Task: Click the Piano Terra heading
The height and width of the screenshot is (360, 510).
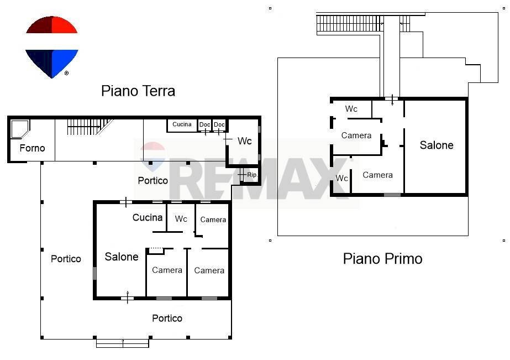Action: click(x=138, y=91)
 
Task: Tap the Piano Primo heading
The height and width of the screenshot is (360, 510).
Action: click(x=382, y=258)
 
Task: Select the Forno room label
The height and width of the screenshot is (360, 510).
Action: click(x=32, y=148)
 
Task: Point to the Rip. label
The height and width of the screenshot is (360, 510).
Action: click(x=253, y=175)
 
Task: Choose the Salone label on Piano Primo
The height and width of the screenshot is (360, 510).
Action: click(x=437, y=145)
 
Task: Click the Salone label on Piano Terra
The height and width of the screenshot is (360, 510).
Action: click(x=122, y=257)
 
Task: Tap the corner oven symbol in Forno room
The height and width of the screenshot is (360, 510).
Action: click(x=20, y=129)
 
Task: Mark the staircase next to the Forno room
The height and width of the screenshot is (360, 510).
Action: click(x=86, y=127)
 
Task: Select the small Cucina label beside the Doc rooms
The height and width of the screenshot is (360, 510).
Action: click(x=182, y=124)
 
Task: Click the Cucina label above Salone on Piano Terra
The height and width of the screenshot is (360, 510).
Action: click(x=148, y=217)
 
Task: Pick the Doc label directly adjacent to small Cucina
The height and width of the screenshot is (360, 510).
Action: click(x=205, y=124)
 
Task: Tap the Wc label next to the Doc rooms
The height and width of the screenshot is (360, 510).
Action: click(x=244, y=141)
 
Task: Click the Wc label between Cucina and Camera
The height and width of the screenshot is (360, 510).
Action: click(x=181, y=219)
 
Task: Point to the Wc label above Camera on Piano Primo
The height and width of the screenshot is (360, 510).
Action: click(x=351, y=109)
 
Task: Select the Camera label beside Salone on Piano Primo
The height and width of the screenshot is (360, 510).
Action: click(x=378, y=175)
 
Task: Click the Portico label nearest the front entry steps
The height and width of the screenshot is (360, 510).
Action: click(x=167, y=318)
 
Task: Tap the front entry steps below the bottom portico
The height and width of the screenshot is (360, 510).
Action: click(x=123, y=343)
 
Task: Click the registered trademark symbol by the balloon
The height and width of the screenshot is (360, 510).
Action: click(x=67, y=73)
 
